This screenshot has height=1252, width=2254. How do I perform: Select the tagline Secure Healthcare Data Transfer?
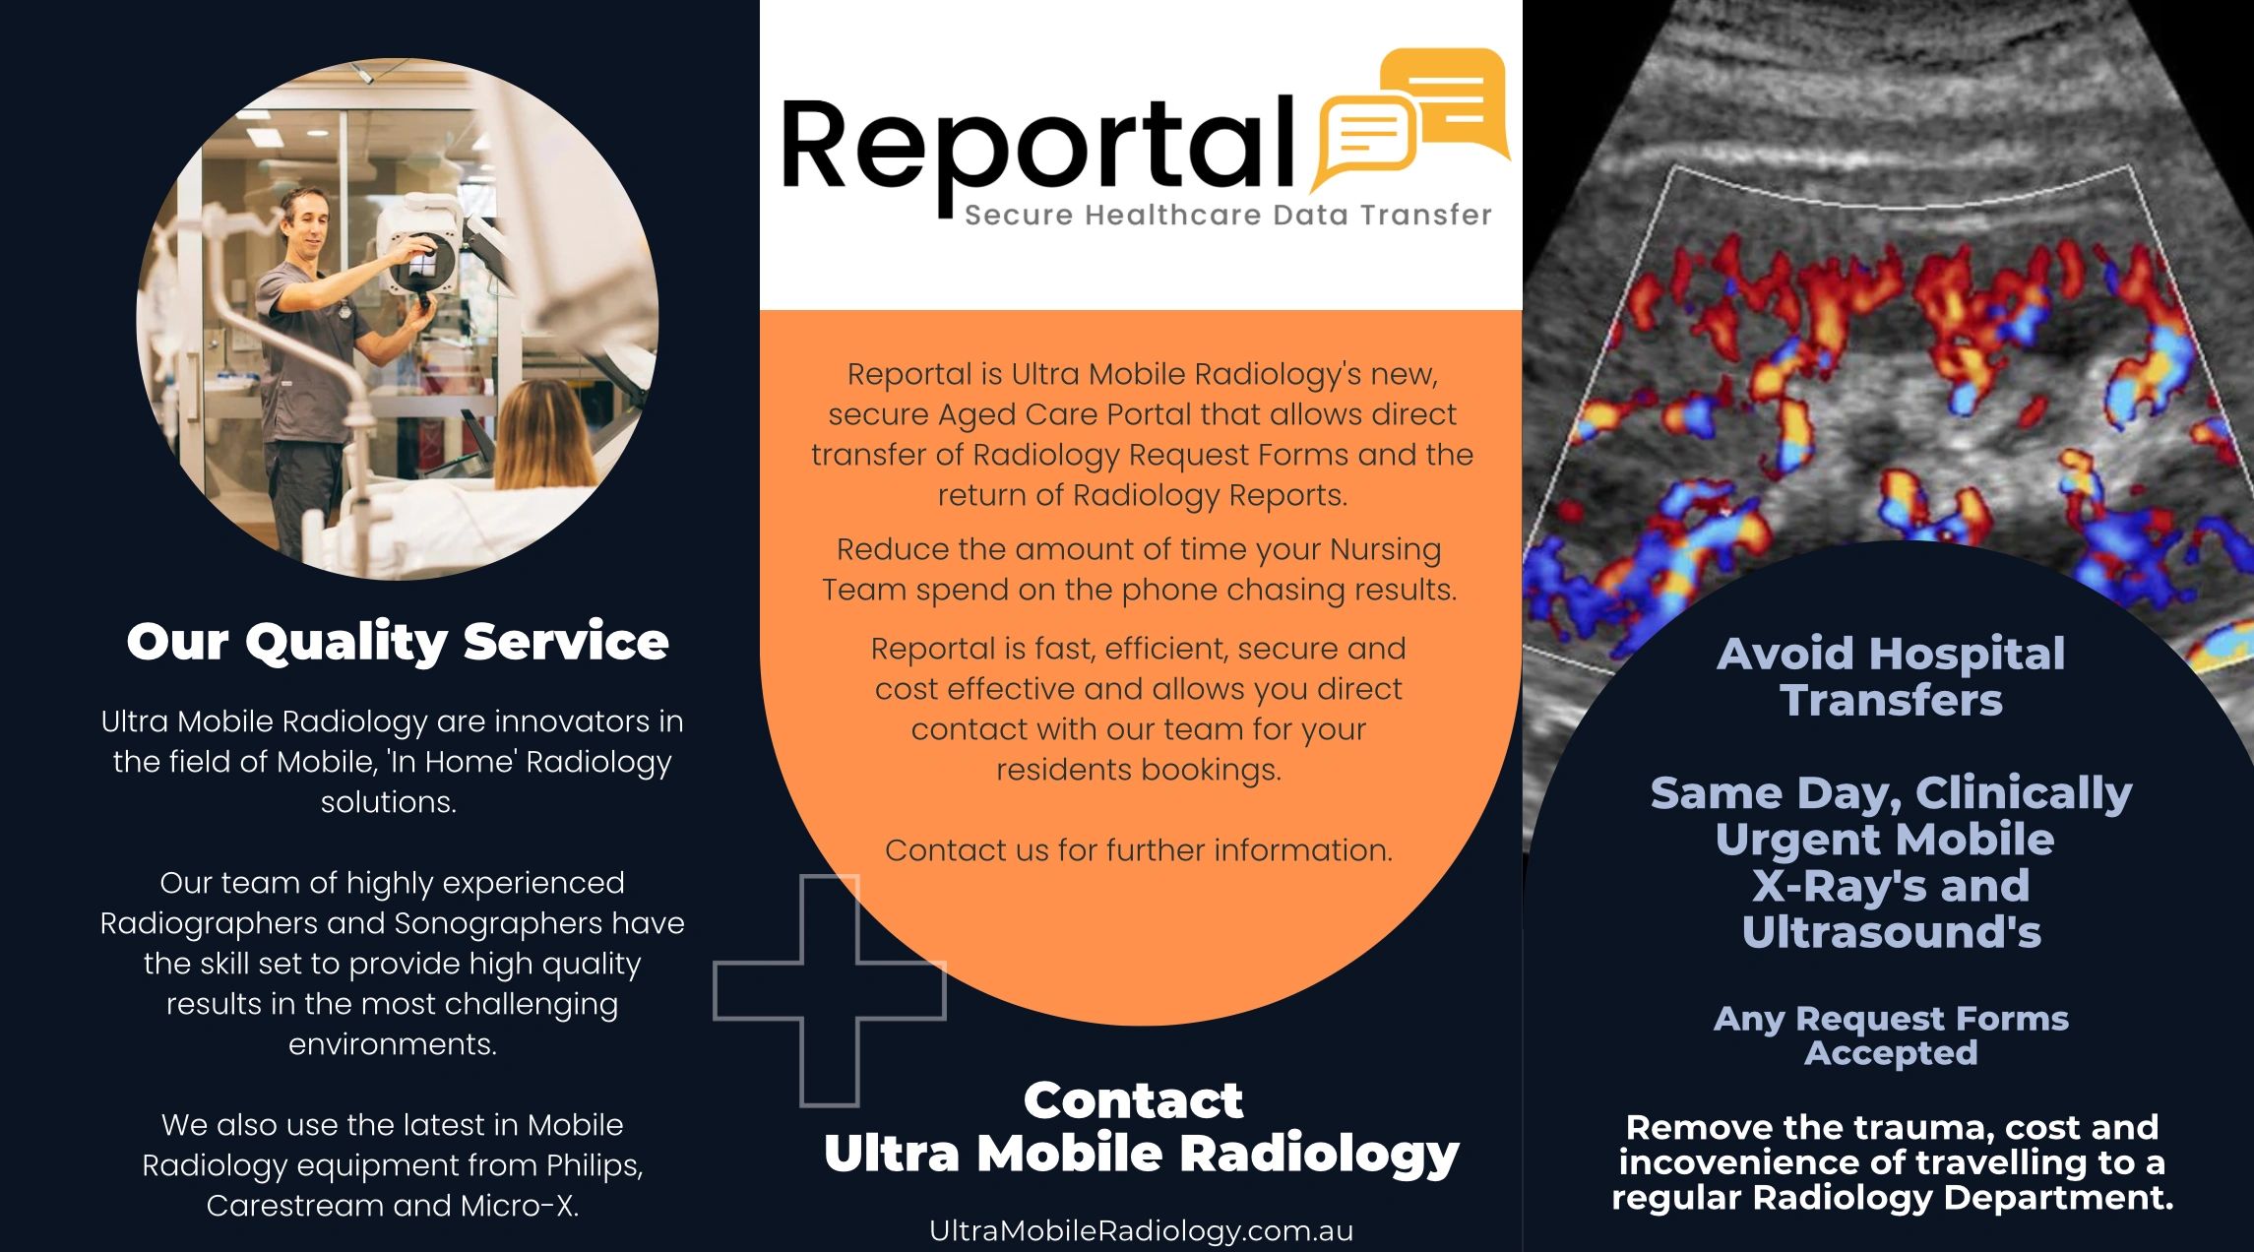(1227, 215)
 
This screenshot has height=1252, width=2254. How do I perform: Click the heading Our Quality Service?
(398, 642)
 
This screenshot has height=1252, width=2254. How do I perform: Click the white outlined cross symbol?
(829, 990)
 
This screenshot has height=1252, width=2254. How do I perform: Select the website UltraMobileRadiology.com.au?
(1141, 1230)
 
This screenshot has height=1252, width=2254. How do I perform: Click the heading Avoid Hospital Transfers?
(1891, 677)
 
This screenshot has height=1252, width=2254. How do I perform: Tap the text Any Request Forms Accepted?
(1891, 1035)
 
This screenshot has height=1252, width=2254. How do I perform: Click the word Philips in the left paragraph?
(594, 1165)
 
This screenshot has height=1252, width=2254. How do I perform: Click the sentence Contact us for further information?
(1139, 850)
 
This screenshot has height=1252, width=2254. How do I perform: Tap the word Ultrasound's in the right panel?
(1891, 932)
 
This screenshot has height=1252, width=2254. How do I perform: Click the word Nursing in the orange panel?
(1385, 549)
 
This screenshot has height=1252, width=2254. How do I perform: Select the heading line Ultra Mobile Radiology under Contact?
(1141, 1154)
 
